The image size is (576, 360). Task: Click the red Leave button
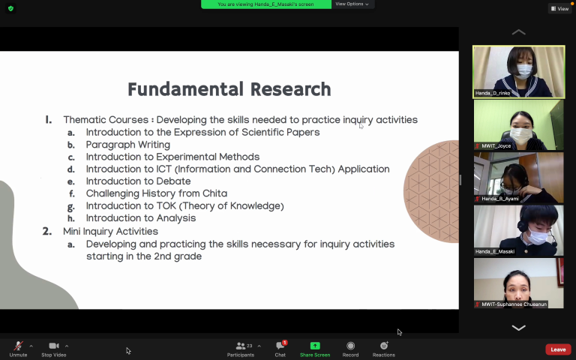point(558,349)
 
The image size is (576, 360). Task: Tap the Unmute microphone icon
point(18,346)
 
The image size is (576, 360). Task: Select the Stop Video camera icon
point(54,346)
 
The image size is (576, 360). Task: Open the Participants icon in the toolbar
point(241,346)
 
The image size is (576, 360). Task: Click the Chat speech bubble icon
point(280,346)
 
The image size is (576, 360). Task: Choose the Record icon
point(350,346)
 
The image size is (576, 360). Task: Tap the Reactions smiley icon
point(384,345)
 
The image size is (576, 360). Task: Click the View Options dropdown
point(352,4)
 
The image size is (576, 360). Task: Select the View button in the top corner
point(559,8)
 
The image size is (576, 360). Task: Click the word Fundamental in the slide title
point(185,89)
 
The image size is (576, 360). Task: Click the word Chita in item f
point(214,193)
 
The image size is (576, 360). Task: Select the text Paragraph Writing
point(127,145)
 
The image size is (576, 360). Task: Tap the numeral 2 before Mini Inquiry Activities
point(46,231)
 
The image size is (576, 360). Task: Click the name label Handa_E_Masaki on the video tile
point(495,252)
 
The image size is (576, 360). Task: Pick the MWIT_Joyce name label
point(496,145)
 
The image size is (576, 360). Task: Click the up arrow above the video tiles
point(519,32)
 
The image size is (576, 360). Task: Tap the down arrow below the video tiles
point(519,328)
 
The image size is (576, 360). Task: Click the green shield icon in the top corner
point(10,8)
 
